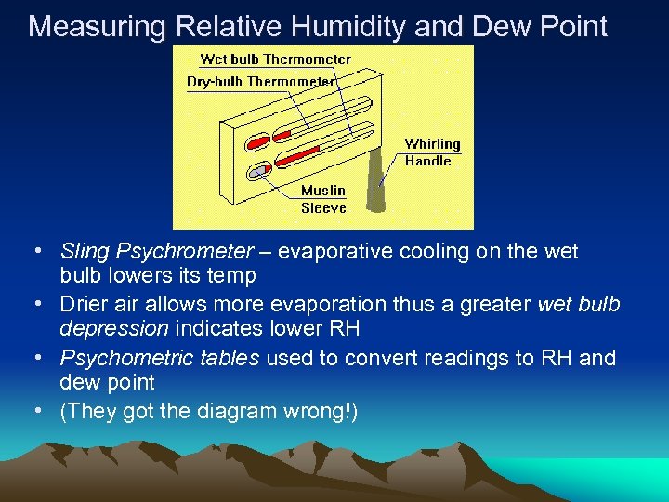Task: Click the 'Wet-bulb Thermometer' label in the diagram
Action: (276, 59)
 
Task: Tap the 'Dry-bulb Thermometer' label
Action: (260, 82)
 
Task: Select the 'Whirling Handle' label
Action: (432, 152)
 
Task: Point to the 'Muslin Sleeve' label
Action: (323, 199)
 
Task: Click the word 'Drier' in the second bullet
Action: (84, 305)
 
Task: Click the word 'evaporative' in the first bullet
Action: (329, 252)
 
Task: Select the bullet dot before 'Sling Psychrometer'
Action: (36, 252)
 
